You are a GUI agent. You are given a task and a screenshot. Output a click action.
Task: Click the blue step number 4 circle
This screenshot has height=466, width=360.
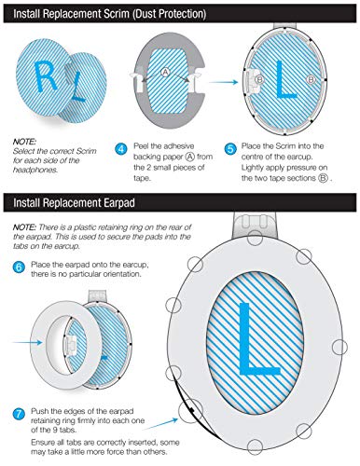click(121, 149)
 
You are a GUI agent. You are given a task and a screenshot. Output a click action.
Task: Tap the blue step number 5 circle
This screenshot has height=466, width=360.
click(230, 149)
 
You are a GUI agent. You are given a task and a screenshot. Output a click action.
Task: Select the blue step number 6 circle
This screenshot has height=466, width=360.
click(19, 267)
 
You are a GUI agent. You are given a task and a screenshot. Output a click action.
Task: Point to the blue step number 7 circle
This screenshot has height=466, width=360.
click(19, 414)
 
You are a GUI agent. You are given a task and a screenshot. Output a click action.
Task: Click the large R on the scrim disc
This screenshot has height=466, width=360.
click(46, 76)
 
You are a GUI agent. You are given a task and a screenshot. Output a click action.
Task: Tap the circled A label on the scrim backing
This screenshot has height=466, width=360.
click(165, 72)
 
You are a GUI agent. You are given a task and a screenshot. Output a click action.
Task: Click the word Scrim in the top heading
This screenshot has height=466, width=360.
click(116, 14)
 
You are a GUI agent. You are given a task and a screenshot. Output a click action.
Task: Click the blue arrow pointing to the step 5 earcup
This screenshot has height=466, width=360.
click(223, 82)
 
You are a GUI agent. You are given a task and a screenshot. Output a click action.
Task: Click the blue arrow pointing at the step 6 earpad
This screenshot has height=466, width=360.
click(27, 342)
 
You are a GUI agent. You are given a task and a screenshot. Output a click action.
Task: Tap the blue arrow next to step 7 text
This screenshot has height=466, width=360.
click(160, 424)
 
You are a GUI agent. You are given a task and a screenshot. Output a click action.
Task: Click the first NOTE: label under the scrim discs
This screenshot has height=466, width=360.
click(24, 142)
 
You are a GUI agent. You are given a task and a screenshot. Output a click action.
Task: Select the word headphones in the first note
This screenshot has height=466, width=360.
click(35, 170)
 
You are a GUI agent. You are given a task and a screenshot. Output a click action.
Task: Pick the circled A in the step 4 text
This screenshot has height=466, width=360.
click(189, 157)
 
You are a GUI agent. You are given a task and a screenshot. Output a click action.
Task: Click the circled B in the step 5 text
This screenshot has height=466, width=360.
click(323, 179)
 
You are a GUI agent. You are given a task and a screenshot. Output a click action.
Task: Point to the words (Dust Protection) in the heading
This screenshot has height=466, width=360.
click(169, 14)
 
